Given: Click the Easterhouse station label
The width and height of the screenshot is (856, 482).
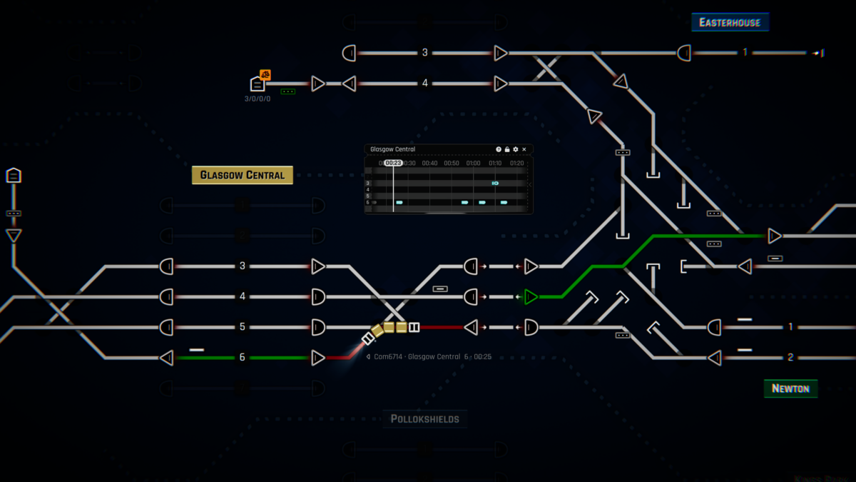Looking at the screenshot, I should click(x=730, y=23).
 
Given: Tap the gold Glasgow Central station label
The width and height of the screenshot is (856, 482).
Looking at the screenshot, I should click(x=242, y=175).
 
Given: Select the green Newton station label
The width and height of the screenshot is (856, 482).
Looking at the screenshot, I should click(x=790, y=388).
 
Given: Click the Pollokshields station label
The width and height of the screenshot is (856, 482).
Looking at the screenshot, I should click(x=424, y=418).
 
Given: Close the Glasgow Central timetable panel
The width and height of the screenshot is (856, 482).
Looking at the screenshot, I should click(x=524, y=149).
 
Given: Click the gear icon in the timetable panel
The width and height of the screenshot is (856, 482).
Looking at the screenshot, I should click(x=516, y=149).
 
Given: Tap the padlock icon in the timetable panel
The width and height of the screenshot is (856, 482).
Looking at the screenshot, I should click(x=507, y=149).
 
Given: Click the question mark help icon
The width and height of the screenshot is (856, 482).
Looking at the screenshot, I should click(x=499, y=149).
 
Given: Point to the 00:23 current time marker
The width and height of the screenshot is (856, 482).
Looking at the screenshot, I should click(x=393, y=163).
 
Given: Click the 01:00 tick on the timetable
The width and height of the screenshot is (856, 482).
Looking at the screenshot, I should click(x=473, y=163).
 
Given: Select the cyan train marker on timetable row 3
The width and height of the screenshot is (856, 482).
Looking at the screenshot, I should click(x=495, y=184).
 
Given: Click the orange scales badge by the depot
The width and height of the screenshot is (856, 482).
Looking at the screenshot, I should click(x=265, y=74).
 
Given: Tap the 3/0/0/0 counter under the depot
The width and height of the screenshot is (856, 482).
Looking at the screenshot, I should click(x=258, y=99).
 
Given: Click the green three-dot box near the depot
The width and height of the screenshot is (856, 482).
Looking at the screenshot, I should click(x=288, y=91).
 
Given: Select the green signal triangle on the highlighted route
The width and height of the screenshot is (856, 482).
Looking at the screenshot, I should click(x=531, y=296).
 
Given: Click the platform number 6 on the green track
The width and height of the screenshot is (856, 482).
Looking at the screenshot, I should click(x=243, y=357).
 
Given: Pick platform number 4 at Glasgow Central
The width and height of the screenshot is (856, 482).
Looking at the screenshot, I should click(x=243, y=296).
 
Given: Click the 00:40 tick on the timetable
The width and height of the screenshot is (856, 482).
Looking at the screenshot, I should click(x=429, y=163).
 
